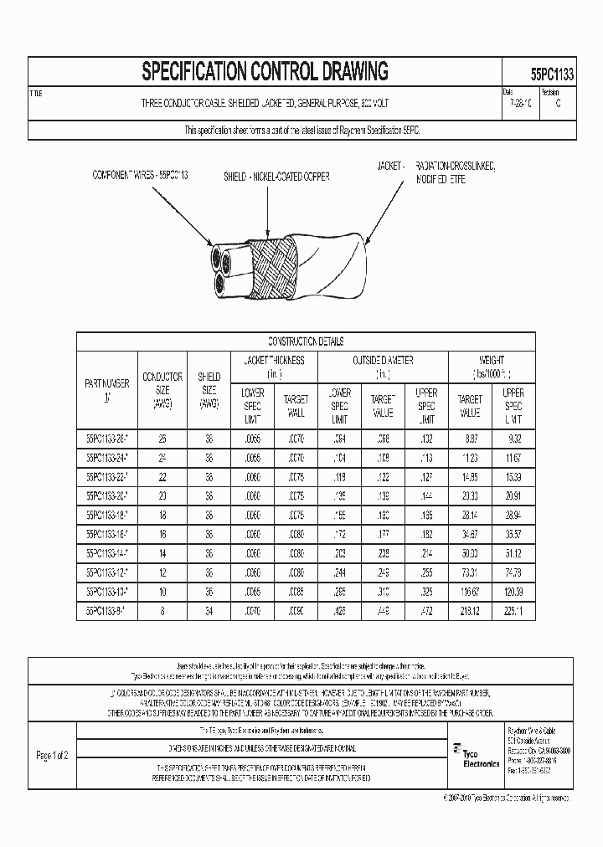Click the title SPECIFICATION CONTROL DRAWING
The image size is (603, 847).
265,72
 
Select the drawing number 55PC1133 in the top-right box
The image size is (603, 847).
552,74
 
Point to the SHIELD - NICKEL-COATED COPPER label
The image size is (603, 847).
276,177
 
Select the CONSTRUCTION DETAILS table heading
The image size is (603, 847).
306,341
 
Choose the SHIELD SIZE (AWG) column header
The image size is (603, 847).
209,390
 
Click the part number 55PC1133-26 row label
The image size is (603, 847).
106,438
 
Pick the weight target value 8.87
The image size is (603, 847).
470,438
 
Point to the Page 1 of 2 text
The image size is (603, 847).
52,755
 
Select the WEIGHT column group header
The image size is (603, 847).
491,367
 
